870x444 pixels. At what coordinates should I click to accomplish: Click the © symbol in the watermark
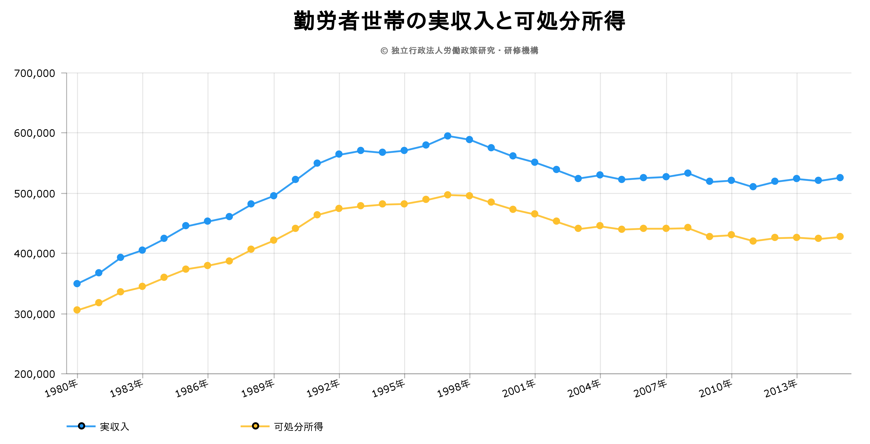[384, 51]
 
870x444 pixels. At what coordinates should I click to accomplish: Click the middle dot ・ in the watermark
[499, 51]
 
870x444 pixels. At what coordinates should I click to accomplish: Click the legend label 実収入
[114, 427]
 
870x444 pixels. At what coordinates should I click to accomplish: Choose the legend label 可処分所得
[299, 427]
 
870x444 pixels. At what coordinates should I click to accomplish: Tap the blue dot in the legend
[81, 426]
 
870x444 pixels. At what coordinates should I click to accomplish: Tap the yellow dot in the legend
[255, 426]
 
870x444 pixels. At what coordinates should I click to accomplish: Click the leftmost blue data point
[77, 284]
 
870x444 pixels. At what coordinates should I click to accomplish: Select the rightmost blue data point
[840, 178]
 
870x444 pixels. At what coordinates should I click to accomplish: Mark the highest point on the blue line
[448, 136]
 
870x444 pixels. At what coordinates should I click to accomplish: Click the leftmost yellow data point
[77, 310]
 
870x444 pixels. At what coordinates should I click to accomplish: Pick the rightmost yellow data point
[840, 237]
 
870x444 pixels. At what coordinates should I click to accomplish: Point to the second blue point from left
[99, 273]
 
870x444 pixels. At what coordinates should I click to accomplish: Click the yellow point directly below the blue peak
[448, 195]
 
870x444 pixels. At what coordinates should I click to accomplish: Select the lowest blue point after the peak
[753, 187]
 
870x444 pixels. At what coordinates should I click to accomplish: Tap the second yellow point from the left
[99, 302]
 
